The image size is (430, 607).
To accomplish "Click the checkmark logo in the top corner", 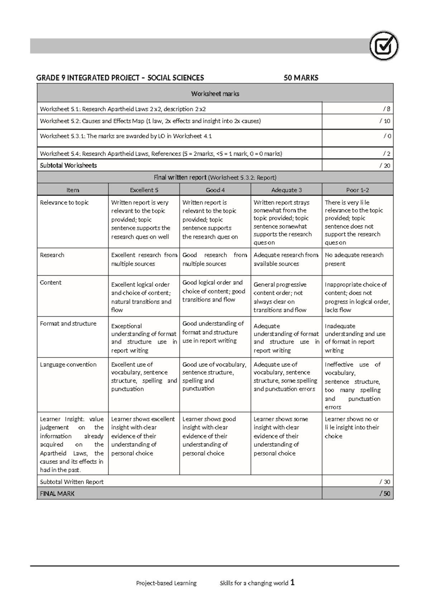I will [x=384, y=46].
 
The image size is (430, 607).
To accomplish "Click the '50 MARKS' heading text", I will [x=301, y=78].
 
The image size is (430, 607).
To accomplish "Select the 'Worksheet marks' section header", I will [x=215, y=94].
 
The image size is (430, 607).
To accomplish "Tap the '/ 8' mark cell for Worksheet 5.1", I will [x=386, y=109].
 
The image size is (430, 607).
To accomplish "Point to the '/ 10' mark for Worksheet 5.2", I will [x=384, y=121].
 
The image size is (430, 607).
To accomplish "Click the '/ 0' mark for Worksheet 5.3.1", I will [x=387, y=136].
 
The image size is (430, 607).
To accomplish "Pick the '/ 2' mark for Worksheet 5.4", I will [x=386, y=154].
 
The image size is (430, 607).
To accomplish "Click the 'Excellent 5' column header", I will [x=144, y=190].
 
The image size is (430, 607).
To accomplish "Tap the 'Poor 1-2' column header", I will [x=357, y=190].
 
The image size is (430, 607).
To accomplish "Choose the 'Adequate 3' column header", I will [x=286, y=190].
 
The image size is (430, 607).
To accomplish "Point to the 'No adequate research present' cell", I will [x=354, y=259].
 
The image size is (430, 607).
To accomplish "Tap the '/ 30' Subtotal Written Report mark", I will [x=384, y=482].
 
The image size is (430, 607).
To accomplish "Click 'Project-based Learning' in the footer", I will [x=166, y=583].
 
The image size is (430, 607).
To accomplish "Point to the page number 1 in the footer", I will [x=292, y=582].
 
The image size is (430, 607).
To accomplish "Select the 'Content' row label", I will [x=51, y=282].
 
